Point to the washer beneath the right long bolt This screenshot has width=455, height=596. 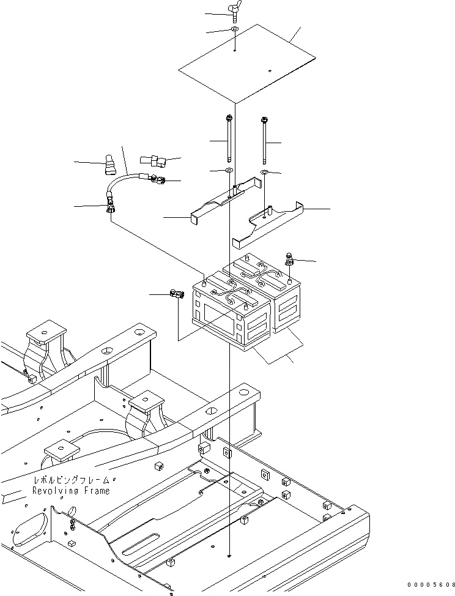tap(263, 174)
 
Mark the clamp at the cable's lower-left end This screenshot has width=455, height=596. tap(111, 205)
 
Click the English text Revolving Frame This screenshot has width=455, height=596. tap(72, 491)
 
